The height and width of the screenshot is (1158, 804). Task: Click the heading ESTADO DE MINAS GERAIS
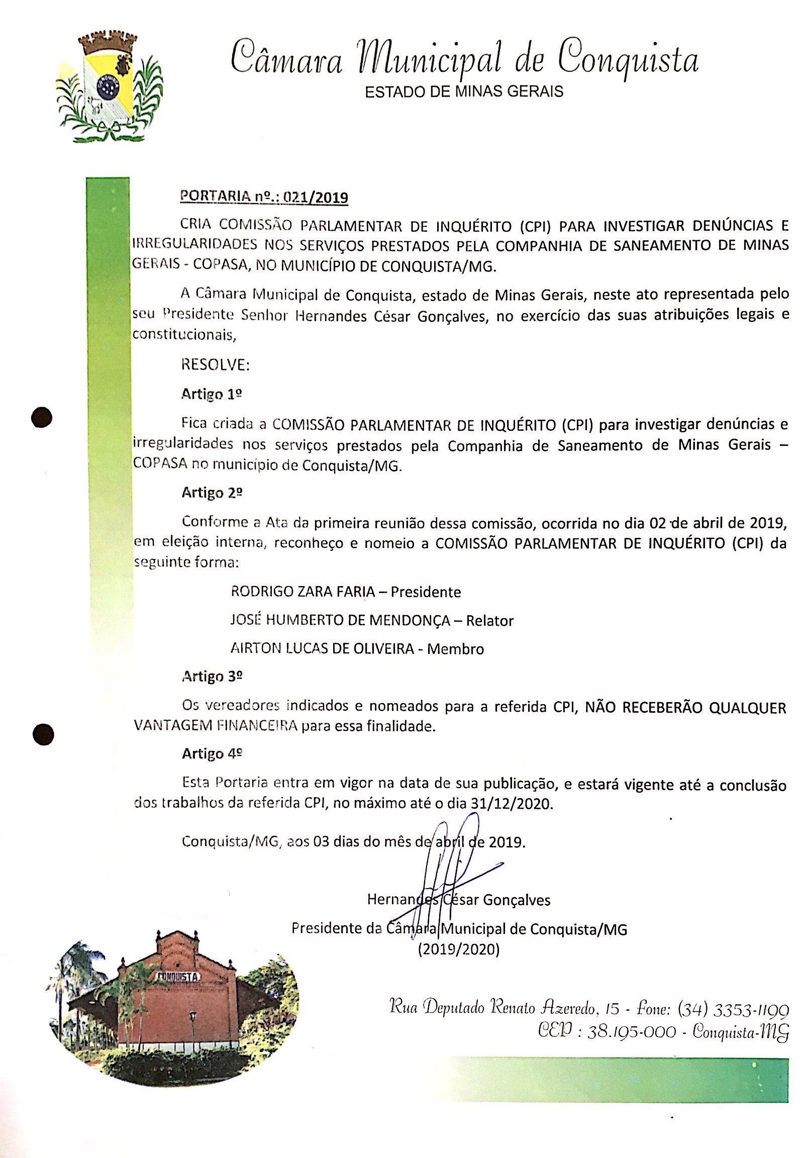[463, 91]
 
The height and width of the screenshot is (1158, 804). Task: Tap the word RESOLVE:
[215, 364]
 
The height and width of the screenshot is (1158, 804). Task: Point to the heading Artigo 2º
[212, 493]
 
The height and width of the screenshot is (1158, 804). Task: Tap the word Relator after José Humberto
[489, 620]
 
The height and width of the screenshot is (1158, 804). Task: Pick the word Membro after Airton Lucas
[455, 648]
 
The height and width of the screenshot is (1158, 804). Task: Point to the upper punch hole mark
[42, 417]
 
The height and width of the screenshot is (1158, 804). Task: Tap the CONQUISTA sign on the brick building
[177, 976]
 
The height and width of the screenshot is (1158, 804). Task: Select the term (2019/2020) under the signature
[458, 950]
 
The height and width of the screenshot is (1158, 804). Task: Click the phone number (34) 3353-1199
[733, 1009]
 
